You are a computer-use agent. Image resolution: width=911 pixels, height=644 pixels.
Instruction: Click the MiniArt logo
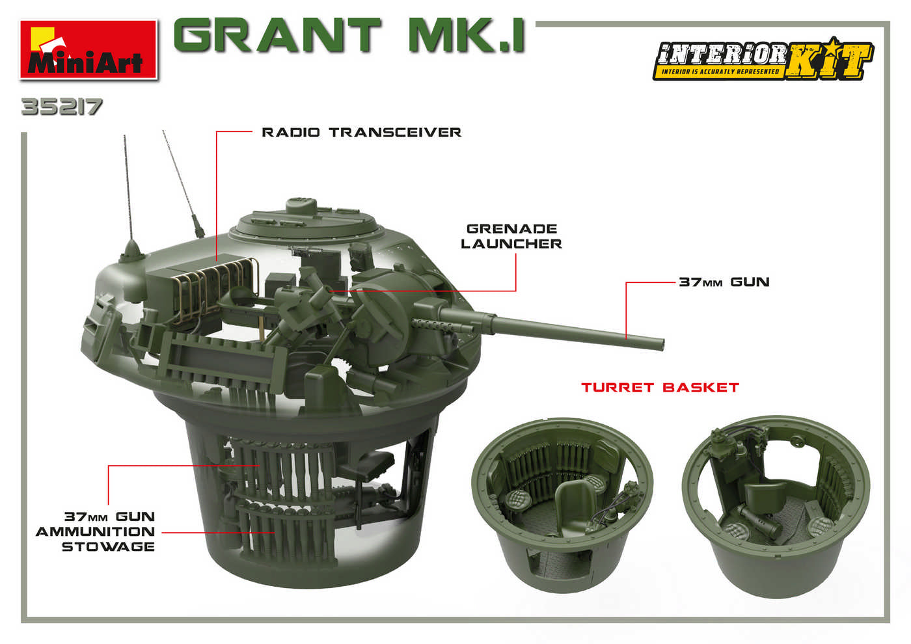click(89, 50)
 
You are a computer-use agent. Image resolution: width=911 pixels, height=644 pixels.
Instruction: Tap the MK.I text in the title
click(466, 36)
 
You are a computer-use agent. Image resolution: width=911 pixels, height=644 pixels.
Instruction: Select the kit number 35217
click(62, 107)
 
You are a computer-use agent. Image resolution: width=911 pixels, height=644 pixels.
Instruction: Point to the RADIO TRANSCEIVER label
click(361, 133)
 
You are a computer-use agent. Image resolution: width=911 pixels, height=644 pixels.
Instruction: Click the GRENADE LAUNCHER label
click(511, 236)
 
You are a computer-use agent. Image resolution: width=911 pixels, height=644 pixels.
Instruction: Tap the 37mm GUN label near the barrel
click(724, 282)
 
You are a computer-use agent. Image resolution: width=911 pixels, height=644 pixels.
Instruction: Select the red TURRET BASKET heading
click(660, 388)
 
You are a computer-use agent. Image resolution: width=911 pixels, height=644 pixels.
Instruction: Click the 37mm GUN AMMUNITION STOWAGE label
click(96, 531)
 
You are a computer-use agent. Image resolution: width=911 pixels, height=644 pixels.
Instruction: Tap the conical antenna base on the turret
click(132, 250)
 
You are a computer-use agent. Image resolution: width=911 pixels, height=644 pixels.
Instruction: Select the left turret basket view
click(561, 504)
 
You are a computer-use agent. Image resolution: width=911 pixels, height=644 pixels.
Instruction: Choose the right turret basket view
click(776, 504)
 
